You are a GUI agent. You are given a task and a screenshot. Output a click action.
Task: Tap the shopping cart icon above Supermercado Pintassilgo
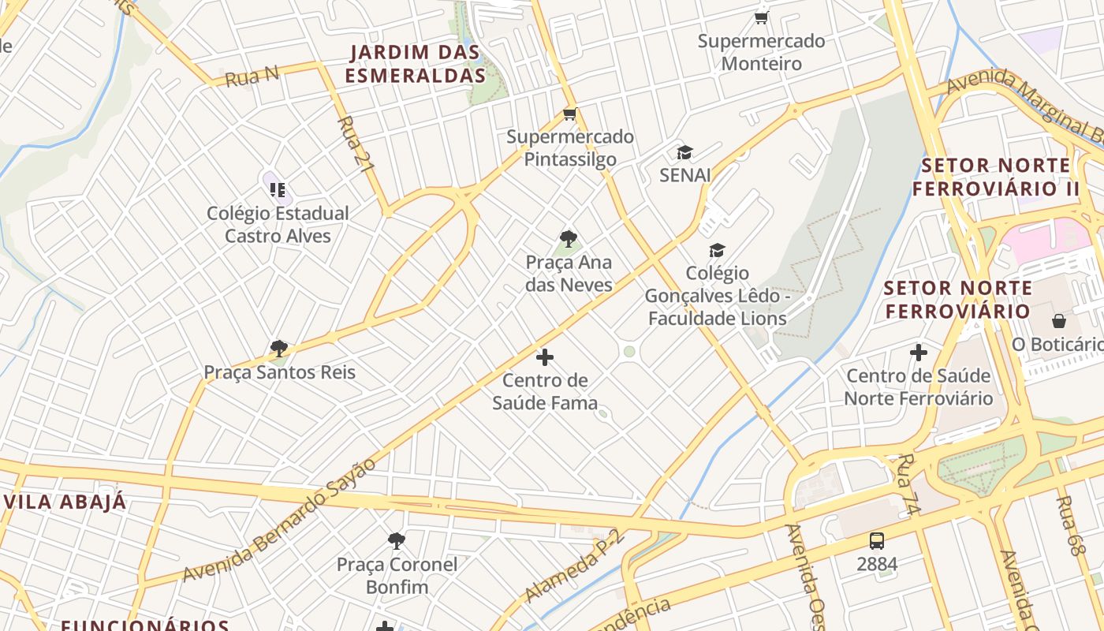pyautogui.click(x=569, y=114)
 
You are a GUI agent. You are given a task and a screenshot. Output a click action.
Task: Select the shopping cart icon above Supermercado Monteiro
pyautogui.click(x=761, y=17)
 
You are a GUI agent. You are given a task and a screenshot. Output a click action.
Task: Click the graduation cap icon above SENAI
pyautogui.click(x=684, y=152)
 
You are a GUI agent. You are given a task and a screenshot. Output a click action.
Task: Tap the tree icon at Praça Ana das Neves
pyautogui.click(x=568, y=239)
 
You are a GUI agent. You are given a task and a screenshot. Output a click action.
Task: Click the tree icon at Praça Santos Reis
pyautogui.click(x=278, y=349)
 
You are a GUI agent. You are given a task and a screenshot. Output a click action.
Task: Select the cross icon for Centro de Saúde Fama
pyautogui.click(x=544, y=357)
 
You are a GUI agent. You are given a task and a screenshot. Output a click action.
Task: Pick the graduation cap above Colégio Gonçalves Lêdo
pyautogui.click(x=717, y=250)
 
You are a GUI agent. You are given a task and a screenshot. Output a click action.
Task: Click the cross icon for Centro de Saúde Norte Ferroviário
pyautogui.click(x=918, y=353)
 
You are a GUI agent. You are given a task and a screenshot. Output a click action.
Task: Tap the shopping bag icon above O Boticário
pyautogui.click(x=1058, y=321)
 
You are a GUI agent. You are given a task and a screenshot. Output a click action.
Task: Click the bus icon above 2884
pyautogui.click(x=877, y=540)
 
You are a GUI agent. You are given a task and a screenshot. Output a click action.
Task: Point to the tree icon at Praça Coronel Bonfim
pyautogui.click(x=397, y=541)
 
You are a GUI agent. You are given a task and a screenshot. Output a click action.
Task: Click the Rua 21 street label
pyautogui.click(x=355, y=144)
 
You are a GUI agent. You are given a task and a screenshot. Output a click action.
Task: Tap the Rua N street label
pyautogui.click(x=252, y=77)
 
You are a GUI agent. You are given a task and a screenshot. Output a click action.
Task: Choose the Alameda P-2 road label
pyautogui.click(x=573, y=566)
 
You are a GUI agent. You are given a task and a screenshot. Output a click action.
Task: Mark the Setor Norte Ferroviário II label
pyautogui.click(x=995, y=177)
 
